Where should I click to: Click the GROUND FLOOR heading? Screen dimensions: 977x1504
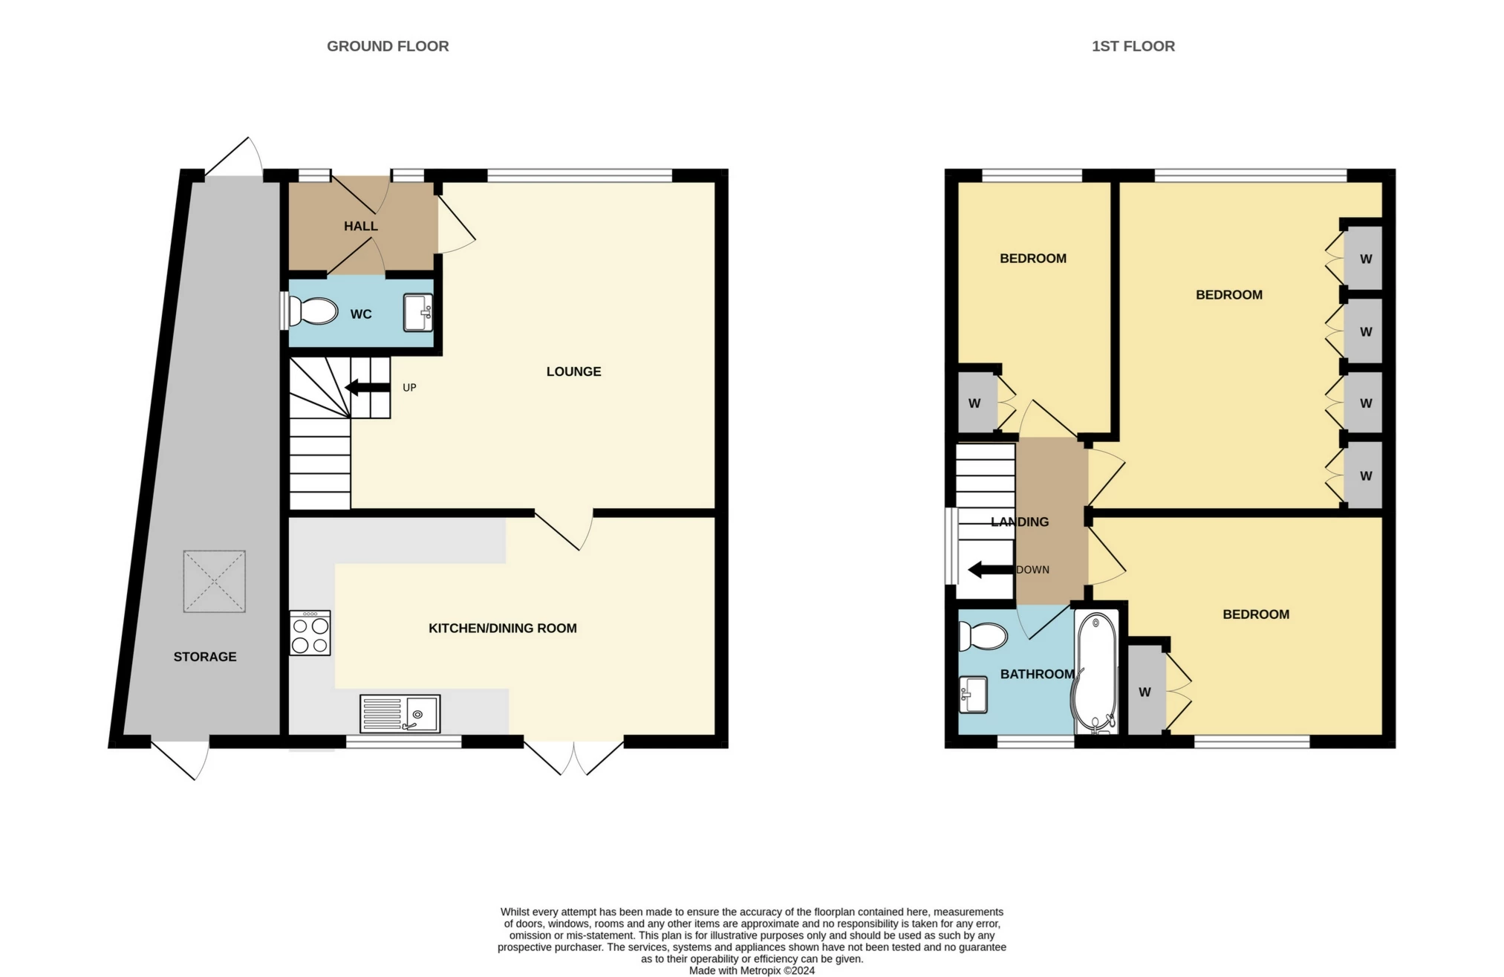[x=388, y=46]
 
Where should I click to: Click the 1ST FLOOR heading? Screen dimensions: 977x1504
[x=1133, y=46]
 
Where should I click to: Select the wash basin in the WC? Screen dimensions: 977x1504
[x=417, y=313]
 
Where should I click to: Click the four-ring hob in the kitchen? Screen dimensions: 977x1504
[x=310, y=633]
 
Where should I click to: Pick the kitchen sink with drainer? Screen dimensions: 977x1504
[x=400, y=713]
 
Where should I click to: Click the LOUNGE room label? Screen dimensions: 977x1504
[x=573, y=371]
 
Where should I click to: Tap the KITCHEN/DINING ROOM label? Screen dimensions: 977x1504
[x=502, y=629]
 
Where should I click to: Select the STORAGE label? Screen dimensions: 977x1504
[x=205, y=657]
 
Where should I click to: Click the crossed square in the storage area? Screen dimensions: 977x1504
[x=214, y=581]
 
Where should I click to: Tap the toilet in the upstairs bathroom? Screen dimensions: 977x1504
[x=982, y=637]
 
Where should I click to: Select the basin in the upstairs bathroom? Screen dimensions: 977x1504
[x=973, y=694]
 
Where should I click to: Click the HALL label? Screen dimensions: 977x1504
[x=360, y=226]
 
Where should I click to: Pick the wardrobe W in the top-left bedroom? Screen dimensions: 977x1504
[x=974, y=403]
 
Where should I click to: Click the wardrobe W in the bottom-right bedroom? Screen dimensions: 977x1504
[x=1145, y=692]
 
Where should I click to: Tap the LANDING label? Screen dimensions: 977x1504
[x=1020, y=522]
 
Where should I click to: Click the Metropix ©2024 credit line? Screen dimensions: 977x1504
[x=752, y=970]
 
